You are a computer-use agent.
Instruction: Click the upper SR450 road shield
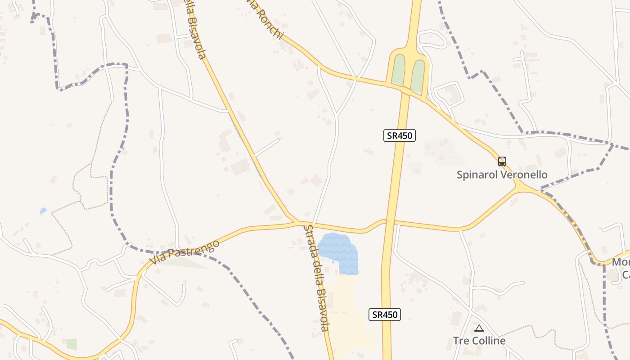[399, 135]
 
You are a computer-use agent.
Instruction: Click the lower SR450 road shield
[385, 315]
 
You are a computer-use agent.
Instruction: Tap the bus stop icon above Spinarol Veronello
[502, 162]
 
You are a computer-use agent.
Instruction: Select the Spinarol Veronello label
[502, 175]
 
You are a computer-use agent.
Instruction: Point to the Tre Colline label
[479, 341]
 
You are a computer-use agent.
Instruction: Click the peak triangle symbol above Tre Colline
[479, 328]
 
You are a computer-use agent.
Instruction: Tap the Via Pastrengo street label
[184, 252]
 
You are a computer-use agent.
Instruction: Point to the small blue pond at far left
[43, 210]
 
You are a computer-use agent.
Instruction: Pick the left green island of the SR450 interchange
[398, 70]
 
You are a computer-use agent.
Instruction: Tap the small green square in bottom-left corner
[72, 344]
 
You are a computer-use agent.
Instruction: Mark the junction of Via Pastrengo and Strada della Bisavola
[298, 222]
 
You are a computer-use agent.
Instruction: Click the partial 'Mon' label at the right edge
[621, 262]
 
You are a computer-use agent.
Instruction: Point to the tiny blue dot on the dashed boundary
[123, 148]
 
